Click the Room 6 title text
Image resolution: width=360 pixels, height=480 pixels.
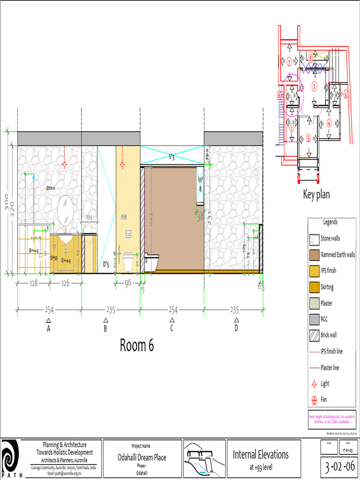pyautogui.click(x=137, y=345)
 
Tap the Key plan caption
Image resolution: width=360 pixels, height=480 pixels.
pyautogui.click(x=316, y=195)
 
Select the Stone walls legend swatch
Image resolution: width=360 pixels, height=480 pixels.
pyautogui.click(x=314, y=239)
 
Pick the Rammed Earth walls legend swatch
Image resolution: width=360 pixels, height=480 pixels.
pyautogui.click(x=314, y=255)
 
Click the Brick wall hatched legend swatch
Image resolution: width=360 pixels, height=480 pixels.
pyautogui.click(x=314, y=335)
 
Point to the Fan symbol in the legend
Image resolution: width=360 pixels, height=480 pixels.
pyautogui.click(x=314, y=400)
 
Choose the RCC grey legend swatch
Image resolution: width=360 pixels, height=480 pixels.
pyautogui.click(x=314, y=319)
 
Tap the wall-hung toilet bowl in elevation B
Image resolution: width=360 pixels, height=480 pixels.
pyautogui.click(x=128, y=261)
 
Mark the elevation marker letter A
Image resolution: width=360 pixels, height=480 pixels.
pyautogui.click(x=48, y=329)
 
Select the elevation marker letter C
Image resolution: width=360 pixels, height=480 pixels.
pyautogui.click(x=172, y=329)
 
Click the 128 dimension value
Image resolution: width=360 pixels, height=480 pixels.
pyautogui.click(x=33, y=283)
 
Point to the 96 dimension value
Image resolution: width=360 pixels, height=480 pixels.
pyautogui.click(x=128, y=283)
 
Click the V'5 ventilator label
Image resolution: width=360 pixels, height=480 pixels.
pyautogui.click(x=172, y=158)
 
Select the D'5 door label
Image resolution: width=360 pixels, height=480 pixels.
pyautogui.click(x=106, y=265)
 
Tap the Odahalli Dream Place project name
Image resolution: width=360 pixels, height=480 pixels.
pyautogui.click(x=142, y=457)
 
